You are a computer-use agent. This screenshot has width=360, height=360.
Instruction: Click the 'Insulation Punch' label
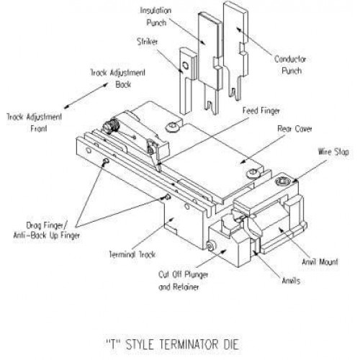click(156, 17)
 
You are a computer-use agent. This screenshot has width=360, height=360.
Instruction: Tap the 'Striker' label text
click(148, 42)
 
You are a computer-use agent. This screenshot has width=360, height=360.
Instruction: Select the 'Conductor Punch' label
click(290, 65)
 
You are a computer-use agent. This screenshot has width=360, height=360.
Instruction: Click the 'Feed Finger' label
click(261, 111)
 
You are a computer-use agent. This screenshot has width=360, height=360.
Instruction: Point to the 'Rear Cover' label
click(294, 129)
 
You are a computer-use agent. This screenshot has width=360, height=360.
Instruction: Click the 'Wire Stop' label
click(333, 152)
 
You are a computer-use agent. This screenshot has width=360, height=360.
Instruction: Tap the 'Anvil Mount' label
click(320, 261)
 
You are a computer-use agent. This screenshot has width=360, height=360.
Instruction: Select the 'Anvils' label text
click(291, 281)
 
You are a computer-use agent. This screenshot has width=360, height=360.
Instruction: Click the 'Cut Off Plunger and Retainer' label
click(183, 281)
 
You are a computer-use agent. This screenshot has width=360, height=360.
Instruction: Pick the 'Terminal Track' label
click(132, 254)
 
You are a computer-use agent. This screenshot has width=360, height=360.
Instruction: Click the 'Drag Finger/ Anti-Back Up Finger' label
click(47, 230)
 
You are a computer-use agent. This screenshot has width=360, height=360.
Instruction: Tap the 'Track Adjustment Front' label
click(34, 122)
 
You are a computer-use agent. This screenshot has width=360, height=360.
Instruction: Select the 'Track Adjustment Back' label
click(117, 78)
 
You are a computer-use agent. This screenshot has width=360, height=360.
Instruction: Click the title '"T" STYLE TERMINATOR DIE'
click(172, 344)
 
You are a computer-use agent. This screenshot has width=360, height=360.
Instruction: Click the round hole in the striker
click(186, 66)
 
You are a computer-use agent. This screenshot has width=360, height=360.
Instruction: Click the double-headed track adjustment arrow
click(86, 96)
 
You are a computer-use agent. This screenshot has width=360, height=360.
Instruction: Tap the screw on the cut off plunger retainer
click(210, 246)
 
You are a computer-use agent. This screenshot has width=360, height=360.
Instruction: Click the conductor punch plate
click(235, 50)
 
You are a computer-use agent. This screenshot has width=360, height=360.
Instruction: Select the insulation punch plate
click(210, 63)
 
